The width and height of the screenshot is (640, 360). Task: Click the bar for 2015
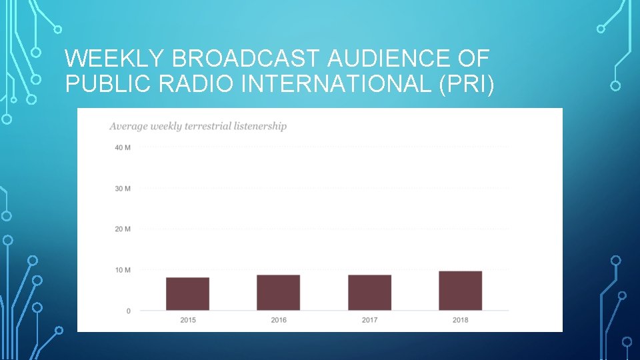coord(187,294)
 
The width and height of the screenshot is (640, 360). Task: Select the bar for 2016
coord(278,293)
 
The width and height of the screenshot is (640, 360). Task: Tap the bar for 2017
coord(369,293)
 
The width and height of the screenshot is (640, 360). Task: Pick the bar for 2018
coord(460,291)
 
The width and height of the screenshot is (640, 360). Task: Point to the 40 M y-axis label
coord(123,147)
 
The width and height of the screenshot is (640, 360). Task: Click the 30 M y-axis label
coord(123,189)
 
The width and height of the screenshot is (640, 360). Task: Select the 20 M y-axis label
coord(123,229)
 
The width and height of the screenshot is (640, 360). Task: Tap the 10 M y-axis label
coord(123,270)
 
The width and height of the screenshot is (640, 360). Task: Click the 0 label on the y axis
coord(127,311)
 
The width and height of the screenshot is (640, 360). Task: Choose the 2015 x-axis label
coord(188,320)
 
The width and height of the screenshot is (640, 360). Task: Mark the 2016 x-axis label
coord(279,320)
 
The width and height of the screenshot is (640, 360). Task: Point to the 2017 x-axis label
coord(369,320)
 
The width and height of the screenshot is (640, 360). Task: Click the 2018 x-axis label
coord(460,320)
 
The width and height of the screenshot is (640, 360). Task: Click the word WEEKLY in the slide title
coord(115,59)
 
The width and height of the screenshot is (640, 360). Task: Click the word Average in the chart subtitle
coord(128,126)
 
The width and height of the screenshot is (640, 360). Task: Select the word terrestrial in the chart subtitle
coord(203,126)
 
